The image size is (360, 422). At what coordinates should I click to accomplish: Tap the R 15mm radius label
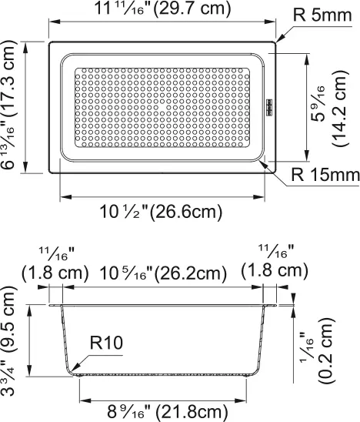[x=325, y=176]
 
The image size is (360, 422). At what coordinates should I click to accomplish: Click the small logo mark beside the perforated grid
[x=270, y=107]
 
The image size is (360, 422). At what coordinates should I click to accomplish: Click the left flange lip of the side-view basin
[x=56, y=306]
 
